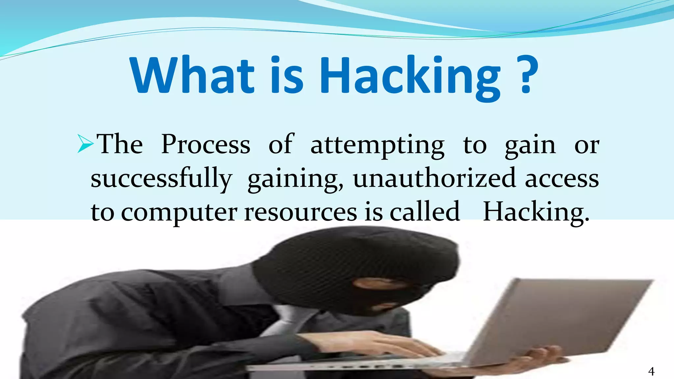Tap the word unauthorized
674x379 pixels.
pos(434,178)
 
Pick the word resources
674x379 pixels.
pos(300,212)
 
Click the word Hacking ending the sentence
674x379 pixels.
pos(536,212)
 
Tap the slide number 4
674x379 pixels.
pos(651,371)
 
